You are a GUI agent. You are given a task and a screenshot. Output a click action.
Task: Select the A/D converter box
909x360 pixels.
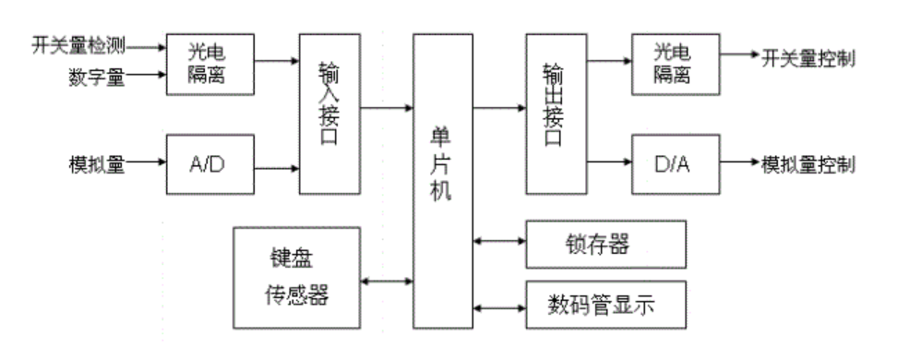tap(209, 166)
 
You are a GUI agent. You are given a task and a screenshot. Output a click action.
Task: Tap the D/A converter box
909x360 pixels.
tap(676, 166)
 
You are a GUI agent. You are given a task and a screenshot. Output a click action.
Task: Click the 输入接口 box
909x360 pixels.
tap(329, 113)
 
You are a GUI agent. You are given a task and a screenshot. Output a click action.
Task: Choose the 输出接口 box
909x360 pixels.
tap(556, 113)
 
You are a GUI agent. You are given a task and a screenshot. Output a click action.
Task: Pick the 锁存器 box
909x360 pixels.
tap(606, 244)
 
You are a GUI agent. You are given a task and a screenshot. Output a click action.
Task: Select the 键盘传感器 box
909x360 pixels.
tap(299, 278)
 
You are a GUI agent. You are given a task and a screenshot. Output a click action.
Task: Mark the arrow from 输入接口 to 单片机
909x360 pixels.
tap(386, 109)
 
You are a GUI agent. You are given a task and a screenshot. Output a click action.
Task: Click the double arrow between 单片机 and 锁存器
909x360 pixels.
tap(498, 242)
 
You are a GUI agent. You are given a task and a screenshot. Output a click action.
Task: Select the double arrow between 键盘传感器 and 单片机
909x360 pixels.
tap(389, 279)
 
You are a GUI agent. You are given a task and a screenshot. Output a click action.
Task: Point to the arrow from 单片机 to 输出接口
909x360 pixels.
tap(498, 109)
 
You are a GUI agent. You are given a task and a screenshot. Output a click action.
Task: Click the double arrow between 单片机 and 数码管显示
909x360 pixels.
tap(498, 306)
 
